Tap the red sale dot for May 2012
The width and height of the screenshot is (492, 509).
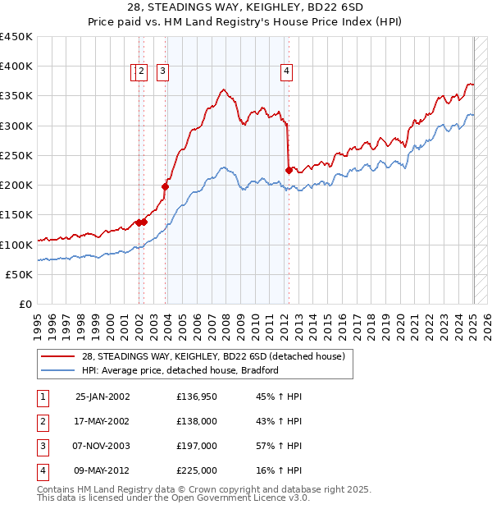289,170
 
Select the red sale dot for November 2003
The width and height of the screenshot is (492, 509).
165,186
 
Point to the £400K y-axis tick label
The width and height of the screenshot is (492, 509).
16,66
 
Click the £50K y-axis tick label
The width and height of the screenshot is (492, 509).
20,274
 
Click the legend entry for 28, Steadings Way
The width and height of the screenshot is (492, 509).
216,356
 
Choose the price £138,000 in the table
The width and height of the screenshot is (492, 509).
197,422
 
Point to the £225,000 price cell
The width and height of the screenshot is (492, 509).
197,471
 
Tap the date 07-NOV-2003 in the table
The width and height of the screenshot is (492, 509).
102,447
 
